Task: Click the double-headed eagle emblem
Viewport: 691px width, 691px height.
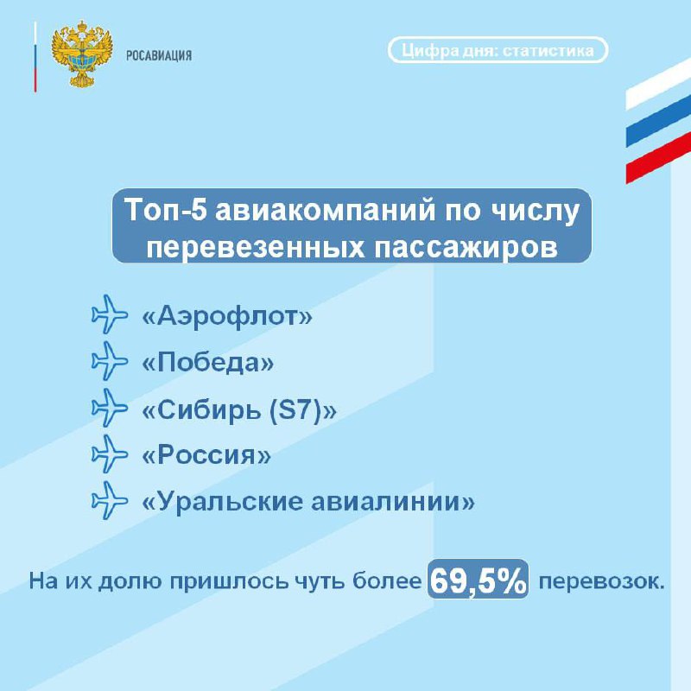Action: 82,54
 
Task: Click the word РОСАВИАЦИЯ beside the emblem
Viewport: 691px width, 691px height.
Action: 159,55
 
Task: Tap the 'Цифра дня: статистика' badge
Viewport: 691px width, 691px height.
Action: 498,50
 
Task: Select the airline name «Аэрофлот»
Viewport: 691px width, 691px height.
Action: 227,315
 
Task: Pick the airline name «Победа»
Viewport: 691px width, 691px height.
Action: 207,363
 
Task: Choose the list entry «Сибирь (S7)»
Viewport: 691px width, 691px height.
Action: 239,410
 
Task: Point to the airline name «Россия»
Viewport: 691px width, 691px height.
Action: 206,454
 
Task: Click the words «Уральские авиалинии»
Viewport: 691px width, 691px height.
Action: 308,501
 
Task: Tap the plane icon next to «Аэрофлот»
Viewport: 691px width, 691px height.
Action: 110,314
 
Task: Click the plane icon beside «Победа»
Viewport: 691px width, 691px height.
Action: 110,361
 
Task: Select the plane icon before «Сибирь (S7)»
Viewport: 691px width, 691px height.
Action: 110,408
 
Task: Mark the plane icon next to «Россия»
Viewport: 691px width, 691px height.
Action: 110,454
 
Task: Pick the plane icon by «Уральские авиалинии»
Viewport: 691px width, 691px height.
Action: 110,501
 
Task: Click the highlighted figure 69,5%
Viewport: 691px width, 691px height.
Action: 479,580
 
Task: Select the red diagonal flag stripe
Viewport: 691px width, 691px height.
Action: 658,157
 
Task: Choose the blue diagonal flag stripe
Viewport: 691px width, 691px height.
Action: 658,120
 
